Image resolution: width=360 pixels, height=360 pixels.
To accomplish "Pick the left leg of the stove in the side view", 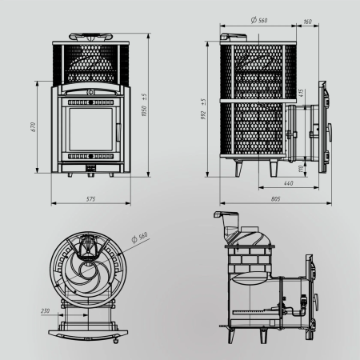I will click(x=238, y=169).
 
